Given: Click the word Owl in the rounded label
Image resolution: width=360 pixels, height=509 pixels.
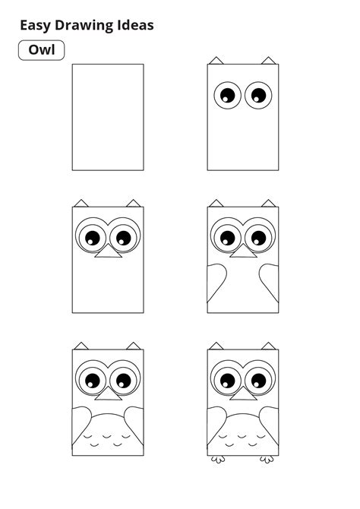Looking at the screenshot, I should coord(41,50).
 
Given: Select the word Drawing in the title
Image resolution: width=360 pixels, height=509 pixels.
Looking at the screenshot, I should coord(90,25).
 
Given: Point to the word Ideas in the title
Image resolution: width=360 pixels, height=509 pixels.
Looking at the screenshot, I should coord(137,25).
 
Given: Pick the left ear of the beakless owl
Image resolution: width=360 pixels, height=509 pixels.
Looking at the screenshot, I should coord(216,60).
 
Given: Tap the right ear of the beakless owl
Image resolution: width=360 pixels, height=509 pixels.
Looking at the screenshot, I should coord(267,60).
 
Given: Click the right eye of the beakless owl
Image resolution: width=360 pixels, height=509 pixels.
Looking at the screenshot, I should coord(259,95).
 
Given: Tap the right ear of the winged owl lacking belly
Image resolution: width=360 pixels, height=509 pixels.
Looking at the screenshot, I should coord(267,203).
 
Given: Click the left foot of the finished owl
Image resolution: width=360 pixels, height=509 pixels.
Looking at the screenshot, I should coord(217,459).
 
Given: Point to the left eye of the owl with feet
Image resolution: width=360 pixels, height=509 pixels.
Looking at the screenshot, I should coord(226,378).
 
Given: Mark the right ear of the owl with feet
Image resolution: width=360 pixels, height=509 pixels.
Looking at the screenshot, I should coord(267,346).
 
